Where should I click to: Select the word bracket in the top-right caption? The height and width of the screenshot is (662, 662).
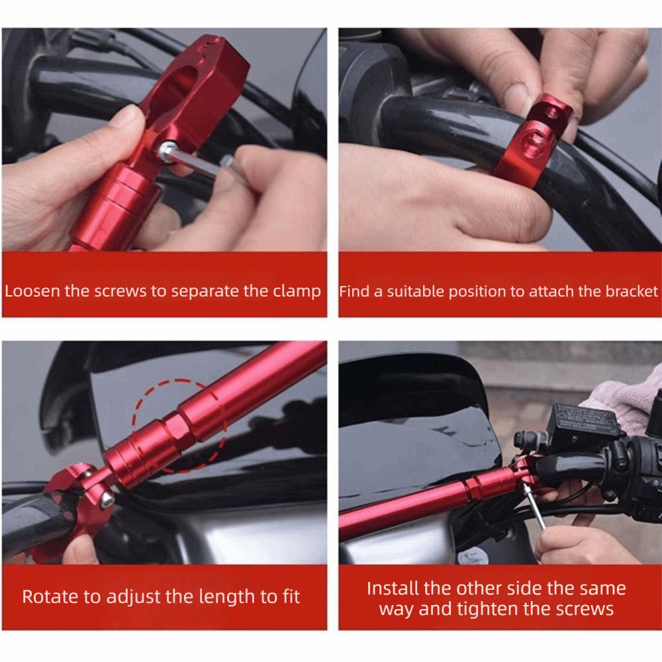coord(632,291)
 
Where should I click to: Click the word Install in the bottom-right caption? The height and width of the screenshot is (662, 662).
coord(393,588)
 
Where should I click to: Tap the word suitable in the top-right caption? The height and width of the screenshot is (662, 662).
coord(413,291)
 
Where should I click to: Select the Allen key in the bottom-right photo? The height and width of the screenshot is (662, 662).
coord(534,506)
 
